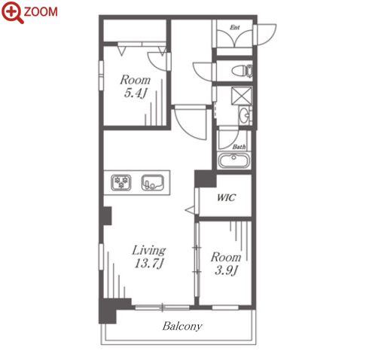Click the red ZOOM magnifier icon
12,11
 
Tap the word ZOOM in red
41,12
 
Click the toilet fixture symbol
242,71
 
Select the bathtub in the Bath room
233,160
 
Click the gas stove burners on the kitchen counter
121,182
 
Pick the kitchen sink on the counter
153,182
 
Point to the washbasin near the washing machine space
245,115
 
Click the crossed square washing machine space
242,96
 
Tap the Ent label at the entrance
235,27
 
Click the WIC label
226,197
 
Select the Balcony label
182,326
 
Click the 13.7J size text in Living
149,264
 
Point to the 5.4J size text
136,93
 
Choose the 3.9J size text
226,270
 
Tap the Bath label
239,147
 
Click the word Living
149,250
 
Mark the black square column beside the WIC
206,178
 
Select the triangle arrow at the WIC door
190,210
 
